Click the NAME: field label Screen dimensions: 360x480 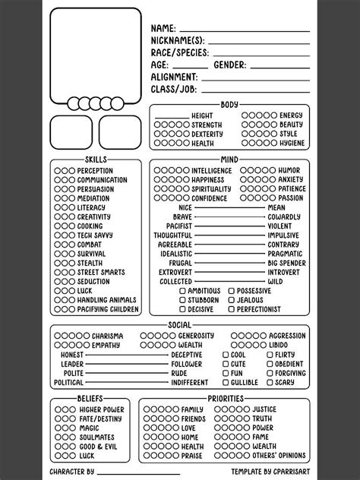165,27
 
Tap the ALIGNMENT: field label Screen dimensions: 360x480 175,77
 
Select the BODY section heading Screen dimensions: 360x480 229,104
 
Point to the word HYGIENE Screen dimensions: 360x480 292,143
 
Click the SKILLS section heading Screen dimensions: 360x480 96,159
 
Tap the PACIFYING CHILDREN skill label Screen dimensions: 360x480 108,309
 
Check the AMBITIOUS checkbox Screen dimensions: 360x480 183,291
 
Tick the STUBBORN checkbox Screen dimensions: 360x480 183,300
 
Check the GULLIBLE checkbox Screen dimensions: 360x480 226,382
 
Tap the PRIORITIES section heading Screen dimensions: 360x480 225,399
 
